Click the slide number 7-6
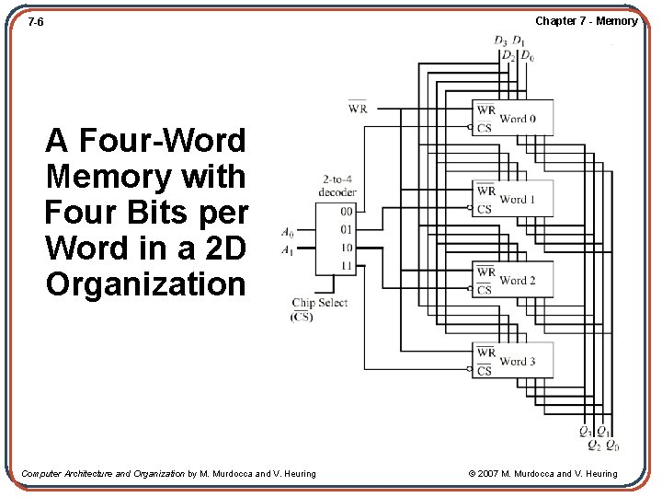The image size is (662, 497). click(36, 21)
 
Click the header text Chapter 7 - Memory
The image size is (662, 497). click(586, 21)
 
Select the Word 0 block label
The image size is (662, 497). click(518, 119)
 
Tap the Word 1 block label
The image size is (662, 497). click(518, 200)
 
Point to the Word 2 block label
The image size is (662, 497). click(518, 281)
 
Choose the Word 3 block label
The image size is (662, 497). click(518, 362)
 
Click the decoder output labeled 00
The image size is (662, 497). click(347, 212)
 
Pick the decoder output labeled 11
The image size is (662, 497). click(347, 266)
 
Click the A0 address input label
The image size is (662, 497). click(288, 231)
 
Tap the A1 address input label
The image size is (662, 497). click(288, 249)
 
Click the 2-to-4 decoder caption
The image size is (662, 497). click(338, 186)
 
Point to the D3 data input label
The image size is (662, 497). click(500, 40)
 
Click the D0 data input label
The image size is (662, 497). click(527, 56)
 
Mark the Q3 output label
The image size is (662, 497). click(585, 431)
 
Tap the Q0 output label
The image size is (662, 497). click(611, 446)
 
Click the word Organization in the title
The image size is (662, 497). click(146, 284)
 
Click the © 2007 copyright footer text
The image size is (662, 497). click(542, 474)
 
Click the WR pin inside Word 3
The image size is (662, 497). click(485, 353)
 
